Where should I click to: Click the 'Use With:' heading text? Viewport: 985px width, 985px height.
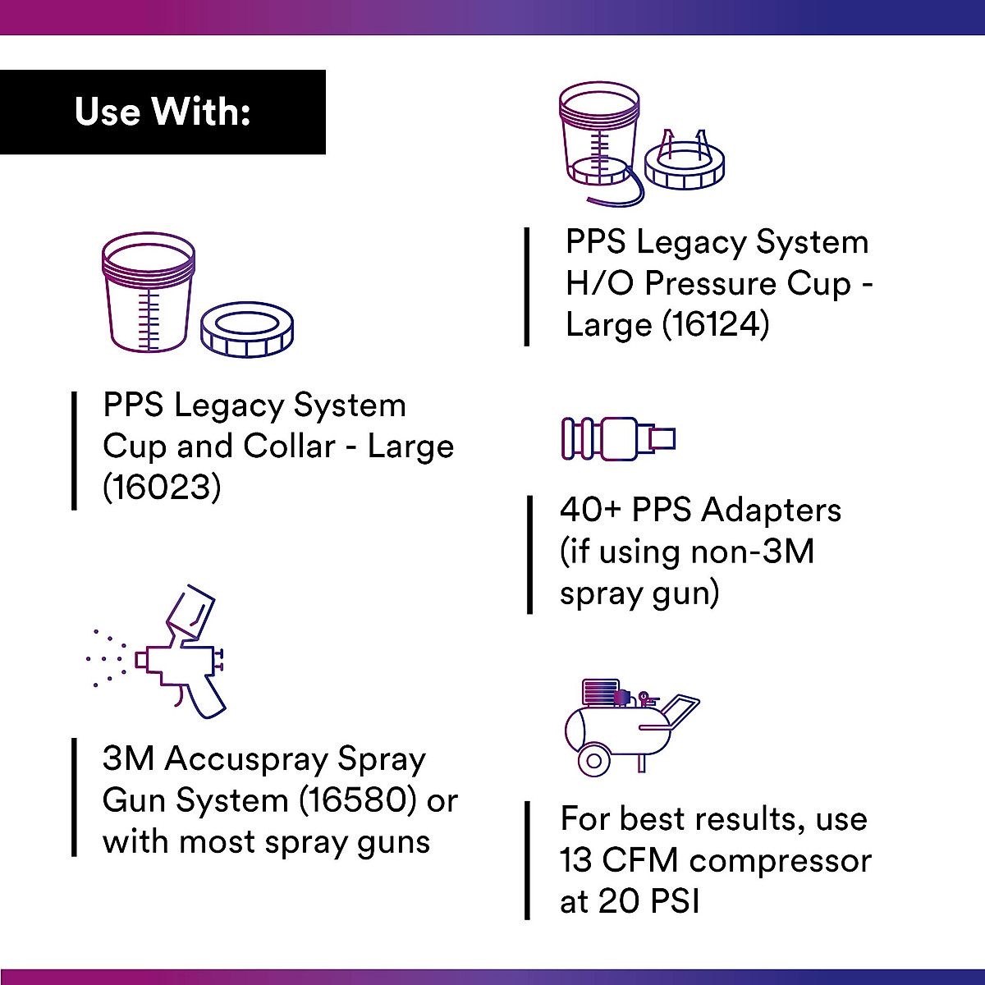click(163, 112)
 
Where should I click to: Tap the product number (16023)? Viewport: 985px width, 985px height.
click(162, 488)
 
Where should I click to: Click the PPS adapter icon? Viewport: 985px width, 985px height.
click(618, 438)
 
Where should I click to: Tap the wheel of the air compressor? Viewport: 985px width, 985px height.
click(593, 760)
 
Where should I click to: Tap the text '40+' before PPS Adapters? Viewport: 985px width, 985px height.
click(591, 510)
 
